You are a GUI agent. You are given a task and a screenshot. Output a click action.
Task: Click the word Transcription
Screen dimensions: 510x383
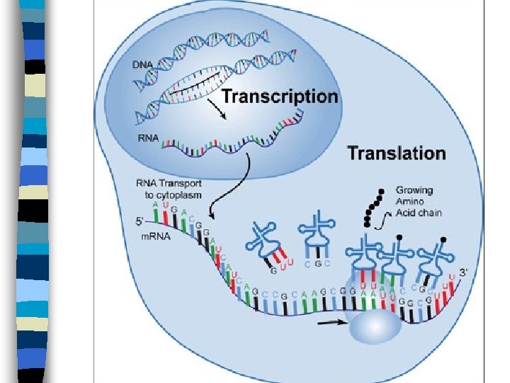point(280,96)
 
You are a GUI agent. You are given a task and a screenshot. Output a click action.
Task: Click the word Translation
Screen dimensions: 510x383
point(396,152)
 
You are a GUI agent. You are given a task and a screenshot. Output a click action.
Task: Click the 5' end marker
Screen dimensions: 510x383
point(140,221)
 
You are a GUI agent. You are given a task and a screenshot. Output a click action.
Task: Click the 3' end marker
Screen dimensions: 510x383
point(463,272)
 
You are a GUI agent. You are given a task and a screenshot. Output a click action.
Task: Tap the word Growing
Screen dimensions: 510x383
point(414,190)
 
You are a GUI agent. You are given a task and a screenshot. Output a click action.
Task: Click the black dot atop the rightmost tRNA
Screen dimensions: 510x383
point(443,239)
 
